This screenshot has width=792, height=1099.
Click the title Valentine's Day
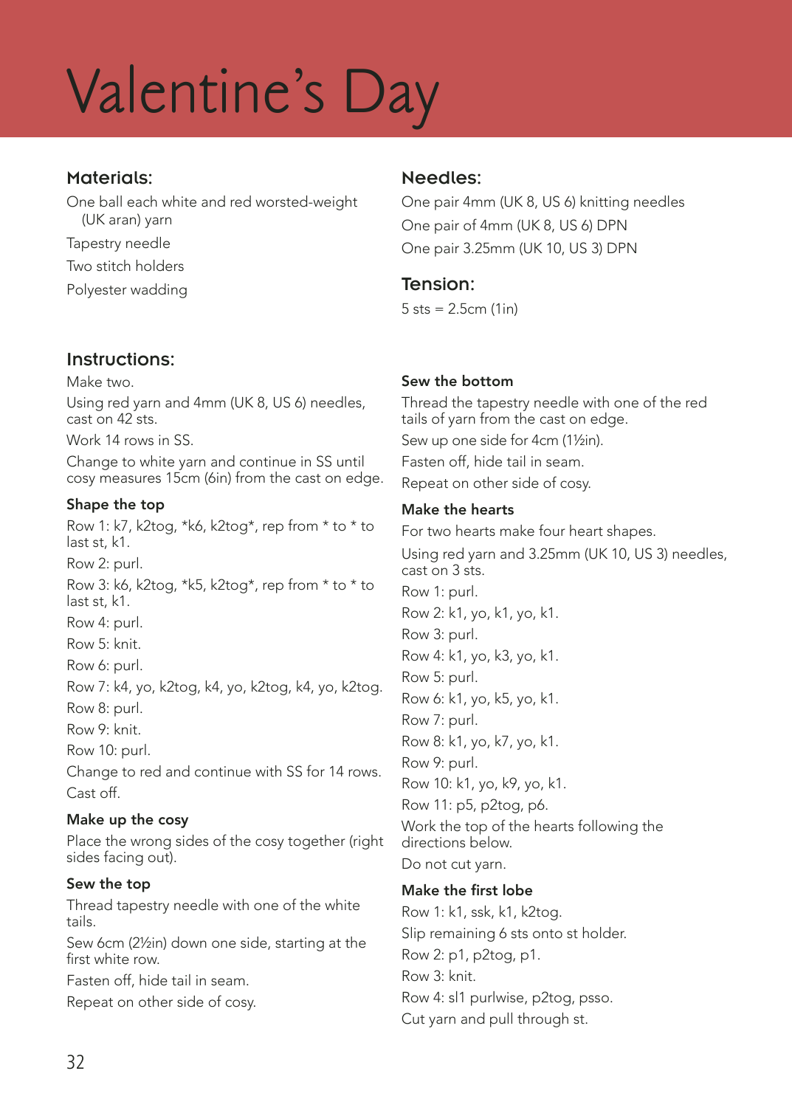(x=252, y=94)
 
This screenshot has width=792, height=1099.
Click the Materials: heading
(x=109, y=178)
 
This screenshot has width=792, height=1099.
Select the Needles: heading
(x=441, y=178)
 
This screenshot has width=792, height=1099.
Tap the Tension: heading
(x=438, y=284)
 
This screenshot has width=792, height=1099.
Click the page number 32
(x=75, y=1061)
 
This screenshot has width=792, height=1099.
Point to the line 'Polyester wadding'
(x=127, y=289)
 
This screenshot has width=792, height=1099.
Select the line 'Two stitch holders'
(x=125, y=266)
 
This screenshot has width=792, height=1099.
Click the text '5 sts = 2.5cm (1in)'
(x=459, y=309)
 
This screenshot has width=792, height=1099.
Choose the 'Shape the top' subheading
(x=115, y=504)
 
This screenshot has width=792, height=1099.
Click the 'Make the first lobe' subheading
(x=466, y=890)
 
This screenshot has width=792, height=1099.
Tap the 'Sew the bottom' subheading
(x=457, y=381)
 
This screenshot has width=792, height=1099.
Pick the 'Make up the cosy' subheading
(x=127, y=819)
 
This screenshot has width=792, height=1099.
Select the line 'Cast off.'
(x=93, y=793)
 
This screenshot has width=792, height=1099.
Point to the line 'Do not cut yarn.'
(x=453, y=864)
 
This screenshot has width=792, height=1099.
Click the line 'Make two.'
(x=100, y=382)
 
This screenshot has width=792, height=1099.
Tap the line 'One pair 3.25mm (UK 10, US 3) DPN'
(x=519, y=248)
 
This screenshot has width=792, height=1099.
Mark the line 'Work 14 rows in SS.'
(x=130, y=440)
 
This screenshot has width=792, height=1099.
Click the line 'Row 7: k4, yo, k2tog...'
(x=224, y=686)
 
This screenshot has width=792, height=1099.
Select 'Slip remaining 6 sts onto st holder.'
(x=514, y=933)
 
